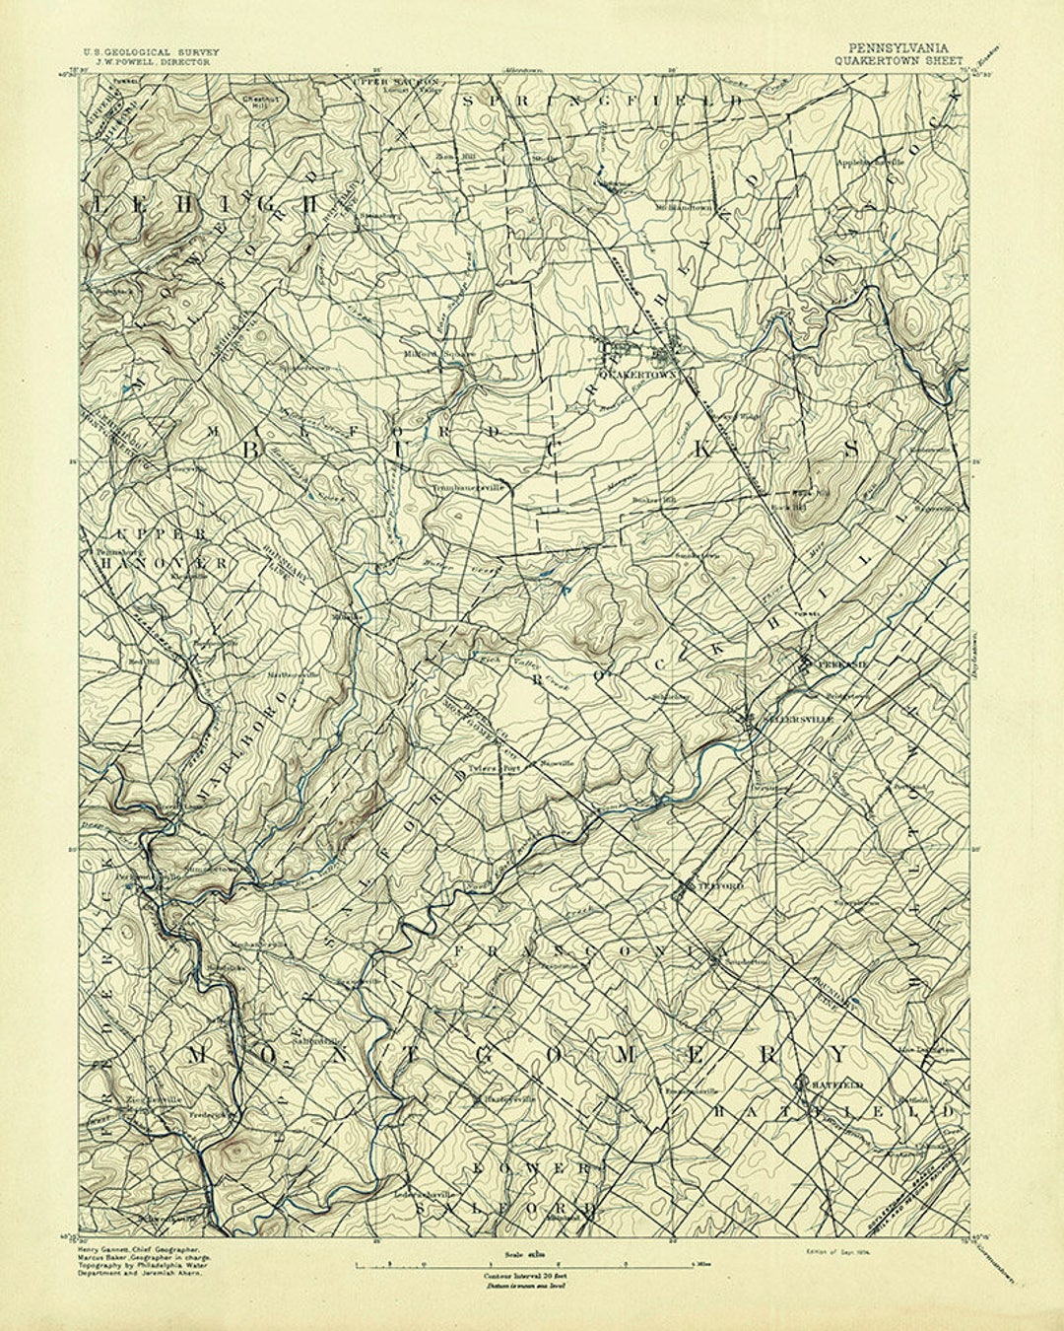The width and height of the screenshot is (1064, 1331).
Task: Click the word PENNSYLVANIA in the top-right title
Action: tap(901, 47)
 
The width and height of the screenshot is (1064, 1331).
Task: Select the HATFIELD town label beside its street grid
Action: tap(837, 1085)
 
